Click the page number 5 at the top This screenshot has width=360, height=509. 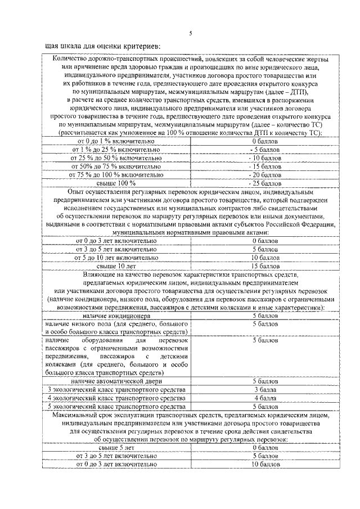coord(190,33)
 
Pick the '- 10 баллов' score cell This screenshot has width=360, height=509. coord(265,158)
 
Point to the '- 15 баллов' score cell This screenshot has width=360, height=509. coord(265,166)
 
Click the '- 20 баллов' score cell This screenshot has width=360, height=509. coord(265,175)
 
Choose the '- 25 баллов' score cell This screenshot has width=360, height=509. coord(265,183)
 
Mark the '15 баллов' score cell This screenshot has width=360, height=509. coord(265,265)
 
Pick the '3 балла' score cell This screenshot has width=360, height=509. coord(265,390)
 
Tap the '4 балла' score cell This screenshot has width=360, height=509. coord(265,398)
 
